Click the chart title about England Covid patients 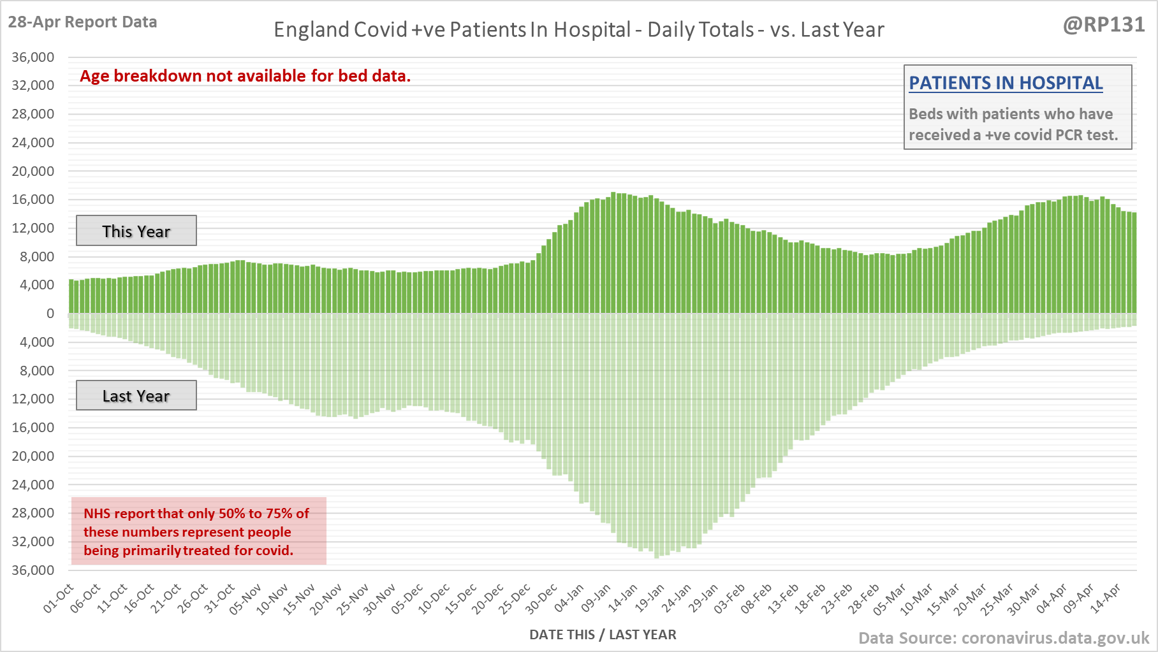[578, 30]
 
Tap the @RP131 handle [1104, 25]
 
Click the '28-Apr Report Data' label [82, 22]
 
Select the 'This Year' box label [136, 231]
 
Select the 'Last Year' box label [136, 396]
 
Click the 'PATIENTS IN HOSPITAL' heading [1006, 83]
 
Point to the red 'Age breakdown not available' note [246, 76]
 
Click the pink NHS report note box [198, 531]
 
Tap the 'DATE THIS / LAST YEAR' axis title [603, 635]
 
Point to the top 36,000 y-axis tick [33, 57]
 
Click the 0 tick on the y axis [50, 314]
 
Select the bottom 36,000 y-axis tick [33, 570]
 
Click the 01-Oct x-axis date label [59, 598]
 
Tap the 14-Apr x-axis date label [1105, 598]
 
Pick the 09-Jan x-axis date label [596, 598]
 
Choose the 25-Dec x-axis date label [515, 598]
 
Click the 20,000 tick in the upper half [33, 171]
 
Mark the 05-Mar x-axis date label [890, 598]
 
